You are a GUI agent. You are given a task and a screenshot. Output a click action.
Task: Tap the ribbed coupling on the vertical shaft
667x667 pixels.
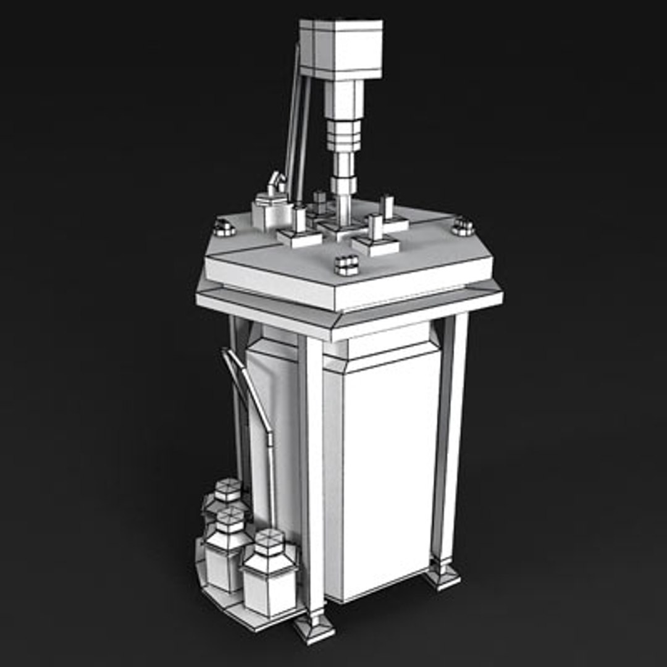click(x=343, y=136)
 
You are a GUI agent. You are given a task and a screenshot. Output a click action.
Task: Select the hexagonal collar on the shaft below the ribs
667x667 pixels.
click(x=343, y=185)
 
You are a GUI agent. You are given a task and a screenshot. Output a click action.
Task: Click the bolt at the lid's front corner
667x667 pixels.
click(x=347, y=265)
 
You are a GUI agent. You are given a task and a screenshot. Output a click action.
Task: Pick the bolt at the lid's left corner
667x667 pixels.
click(x=224, y=229)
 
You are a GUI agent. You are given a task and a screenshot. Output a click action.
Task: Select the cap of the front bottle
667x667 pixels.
click(x=269, y=542)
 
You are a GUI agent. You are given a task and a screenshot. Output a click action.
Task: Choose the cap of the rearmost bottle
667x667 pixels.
click(x=228, y=490)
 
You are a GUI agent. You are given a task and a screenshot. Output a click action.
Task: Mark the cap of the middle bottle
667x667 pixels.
click(x=230, y=520)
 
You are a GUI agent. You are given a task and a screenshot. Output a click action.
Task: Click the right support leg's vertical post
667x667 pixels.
click(x=449, y=432)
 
